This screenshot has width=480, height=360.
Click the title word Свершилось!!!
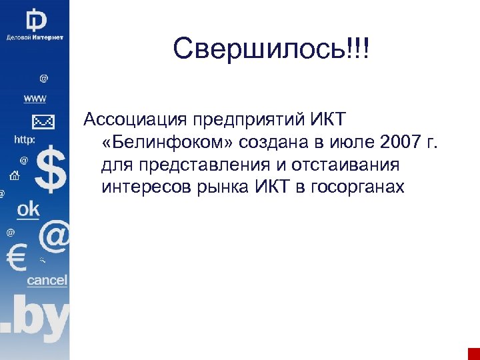pos(271,48)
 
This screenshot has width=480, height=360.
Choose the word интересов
pos(145,187)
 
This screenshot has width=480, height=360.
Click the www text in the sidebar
pos(35,99)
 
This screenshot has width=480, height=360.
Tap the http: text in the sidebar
pos(25,140)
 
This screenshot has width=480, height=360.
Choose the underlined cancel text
pos(47,281)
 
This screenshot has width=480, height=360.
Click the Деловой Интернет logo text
pos(35,37)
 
